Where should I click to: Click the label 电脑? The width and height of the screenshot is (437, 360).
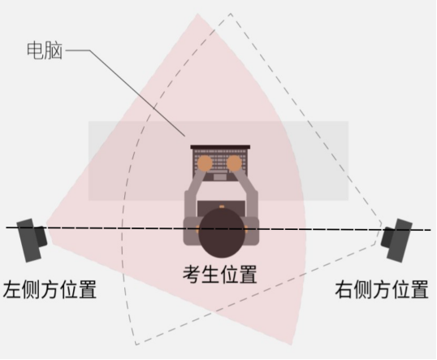coord(45,50)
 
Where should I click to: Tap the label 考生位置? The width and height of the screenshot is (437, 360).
coord(219,275)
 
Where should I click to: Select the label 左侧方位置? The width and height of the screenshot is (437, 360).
coord(50,289)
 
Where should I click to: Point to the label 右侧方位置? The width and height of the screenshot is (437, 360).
coord(382,290)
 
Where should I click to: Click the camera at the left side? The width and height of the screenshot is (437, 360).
coord(32,240)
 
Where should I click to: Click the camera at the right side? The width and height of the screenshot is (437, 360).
coord(396,240)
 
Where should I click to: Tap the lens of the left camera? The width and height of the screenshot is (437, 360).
coord(41,236)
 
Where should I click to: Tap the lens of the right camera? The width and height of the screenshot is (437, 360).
coord(387,237)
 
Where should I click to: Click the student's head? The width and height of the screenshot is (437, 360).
coord(222,233)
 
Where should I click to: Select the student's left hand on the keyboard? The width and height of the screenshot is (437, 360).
coord(206,163)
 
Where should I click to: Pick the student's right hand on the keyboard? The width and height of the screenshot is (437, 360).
coord(234,163)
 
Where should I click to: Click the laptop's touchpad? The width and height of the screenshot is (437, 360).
coord(220,177)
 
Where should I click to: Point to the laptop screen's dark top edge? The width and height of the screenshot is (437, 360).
coord(220,146)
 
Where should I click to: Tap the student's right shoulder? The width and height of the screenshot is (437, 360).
coord(252,231)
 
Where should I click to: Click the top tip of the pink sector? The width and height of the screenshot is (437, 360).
coord(197,13)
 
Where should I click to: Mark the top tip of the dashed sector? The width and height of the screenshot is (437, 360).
coord(231,13)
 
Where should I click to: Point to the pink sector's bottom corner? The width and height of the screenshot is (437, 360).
coord(292,345)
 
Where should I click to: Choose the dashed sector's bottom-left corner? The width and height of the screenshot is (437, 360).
coord(136,345)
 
